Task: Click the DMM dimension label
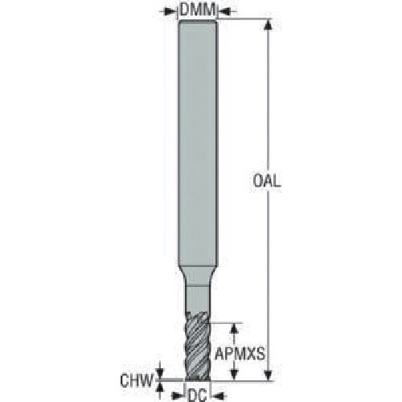(x=198, y=10)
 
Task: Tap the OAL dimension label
(x=267, y=181)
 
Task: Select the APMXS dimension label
(x=240, y=354)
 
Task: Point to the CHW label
(x=137, y=380)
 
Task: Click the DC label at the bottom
(x=198, y=396)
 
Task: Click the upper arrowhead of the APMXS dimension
(x=235, y=329)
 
